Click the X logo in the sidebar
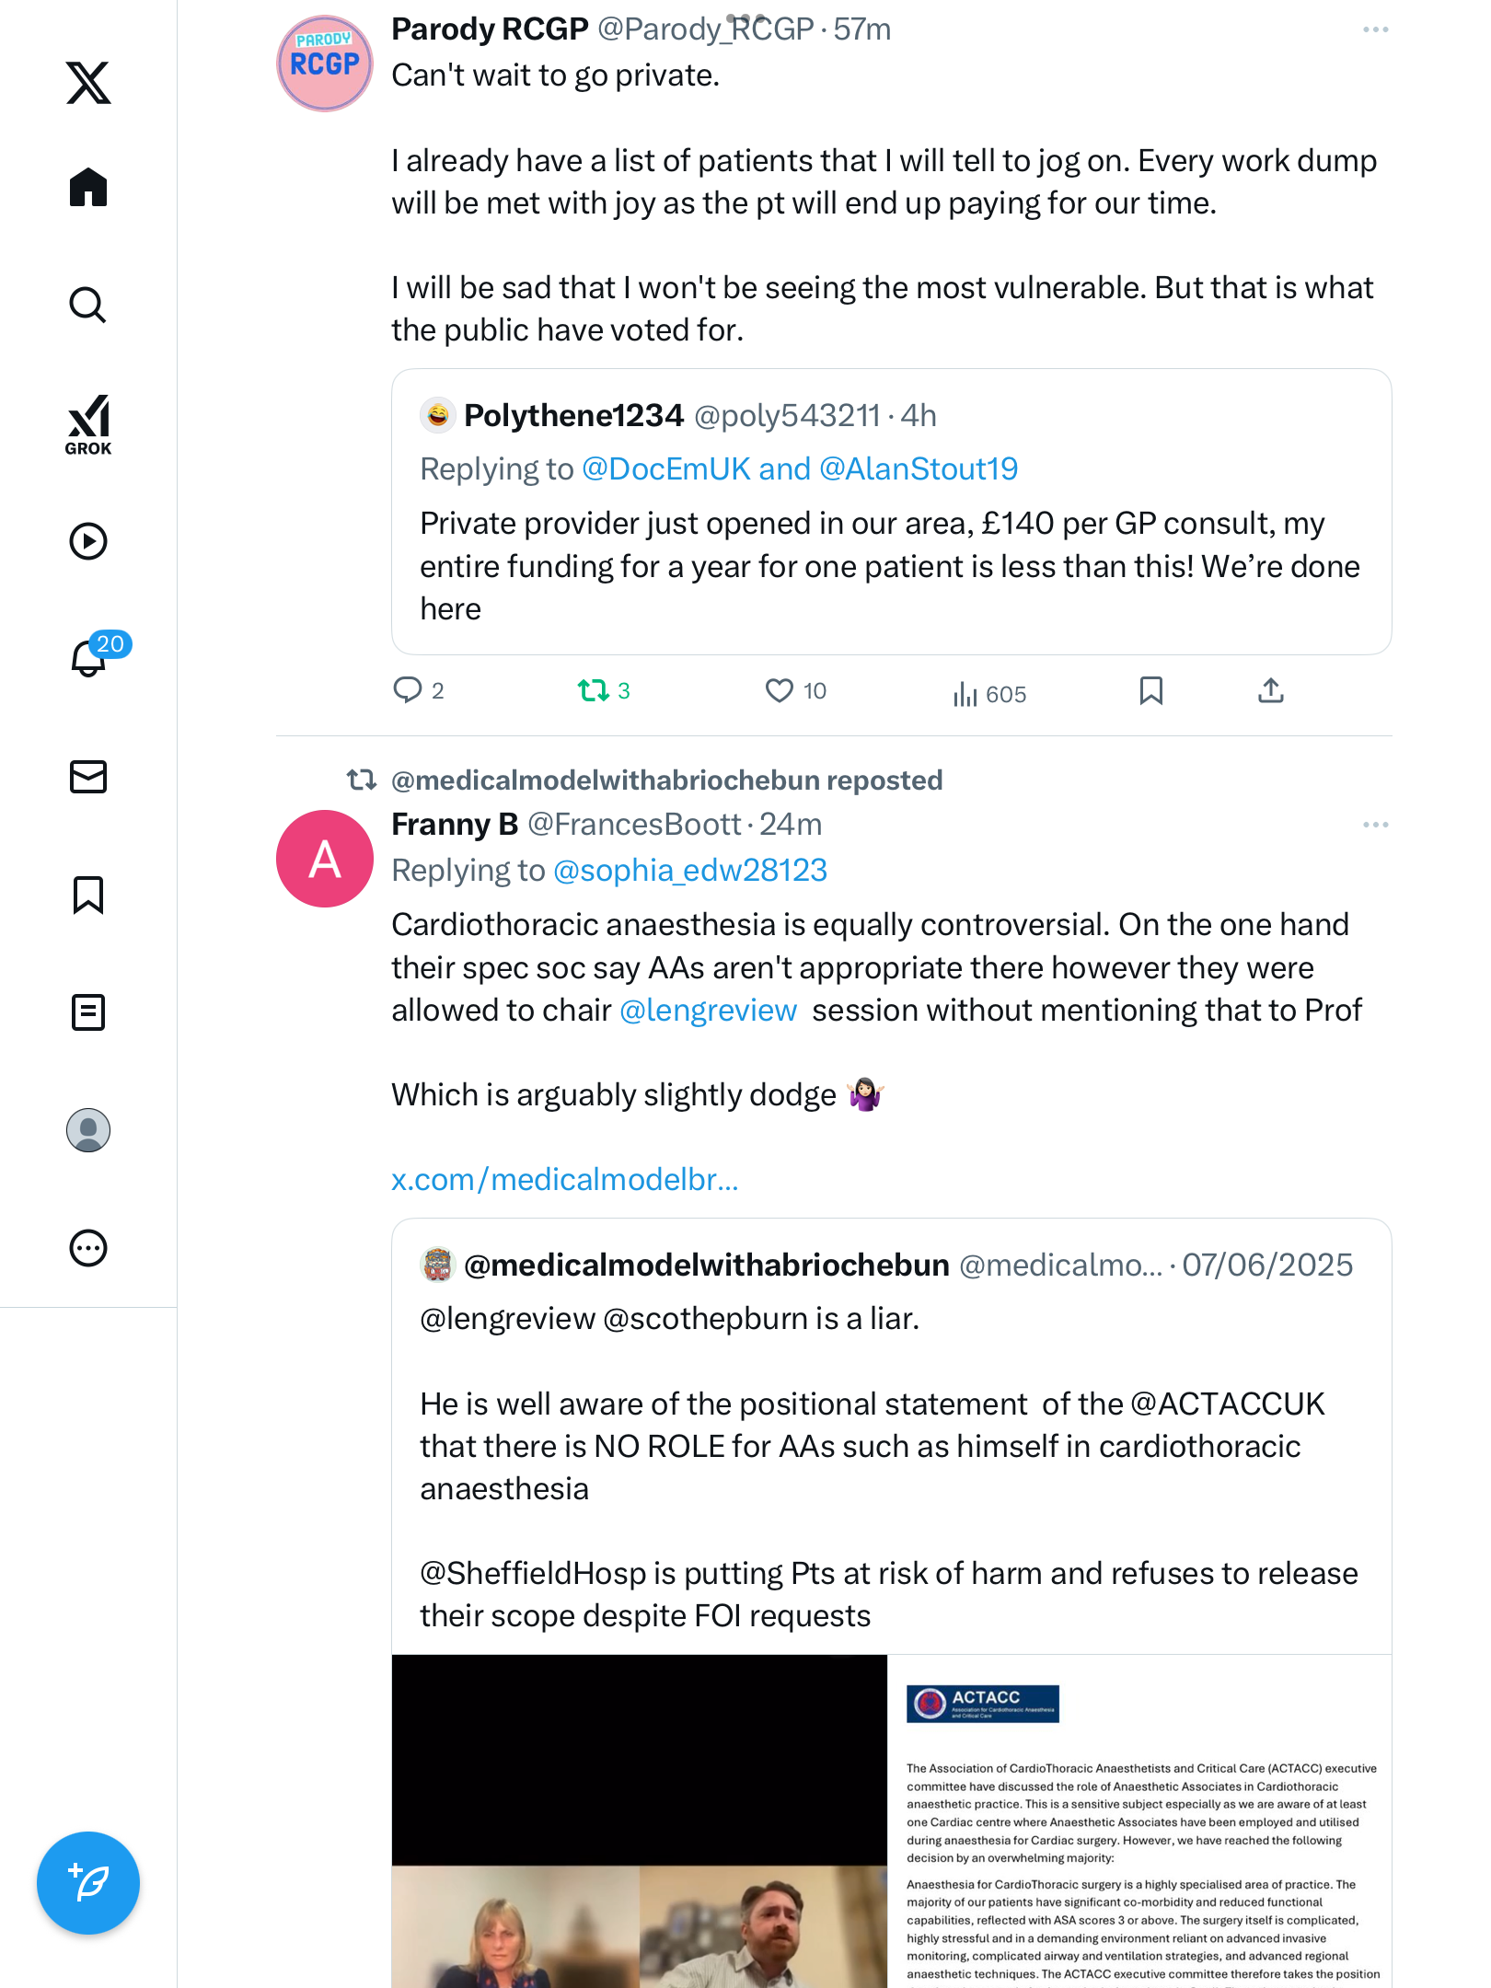(88, 83)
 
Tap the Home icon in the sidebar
(88, 188)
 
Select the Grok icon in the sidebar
(88, 424)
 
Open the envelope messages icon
(88, 777)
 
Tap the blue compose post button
(88, 1883)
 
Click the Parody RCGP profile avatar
(325, 64)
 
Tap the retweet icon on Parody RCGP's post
(594, 690)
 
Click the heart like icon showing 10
(780, 690)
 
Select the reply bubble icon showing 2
(407, 690)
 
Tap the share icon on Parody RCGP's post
(1271, 690)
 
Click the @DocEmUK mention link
(666, 469)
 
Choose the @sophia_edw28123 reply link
(690, 871)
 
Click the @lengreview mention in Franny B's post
(709, 1011)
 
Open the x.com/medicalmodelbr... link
(565, 1180)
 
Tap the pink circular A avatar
(325, 859)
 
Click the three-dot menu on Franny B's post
(1375, 825)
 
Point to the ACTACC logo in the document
(983, 1704)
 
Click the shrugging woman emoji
(866, 1094)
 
